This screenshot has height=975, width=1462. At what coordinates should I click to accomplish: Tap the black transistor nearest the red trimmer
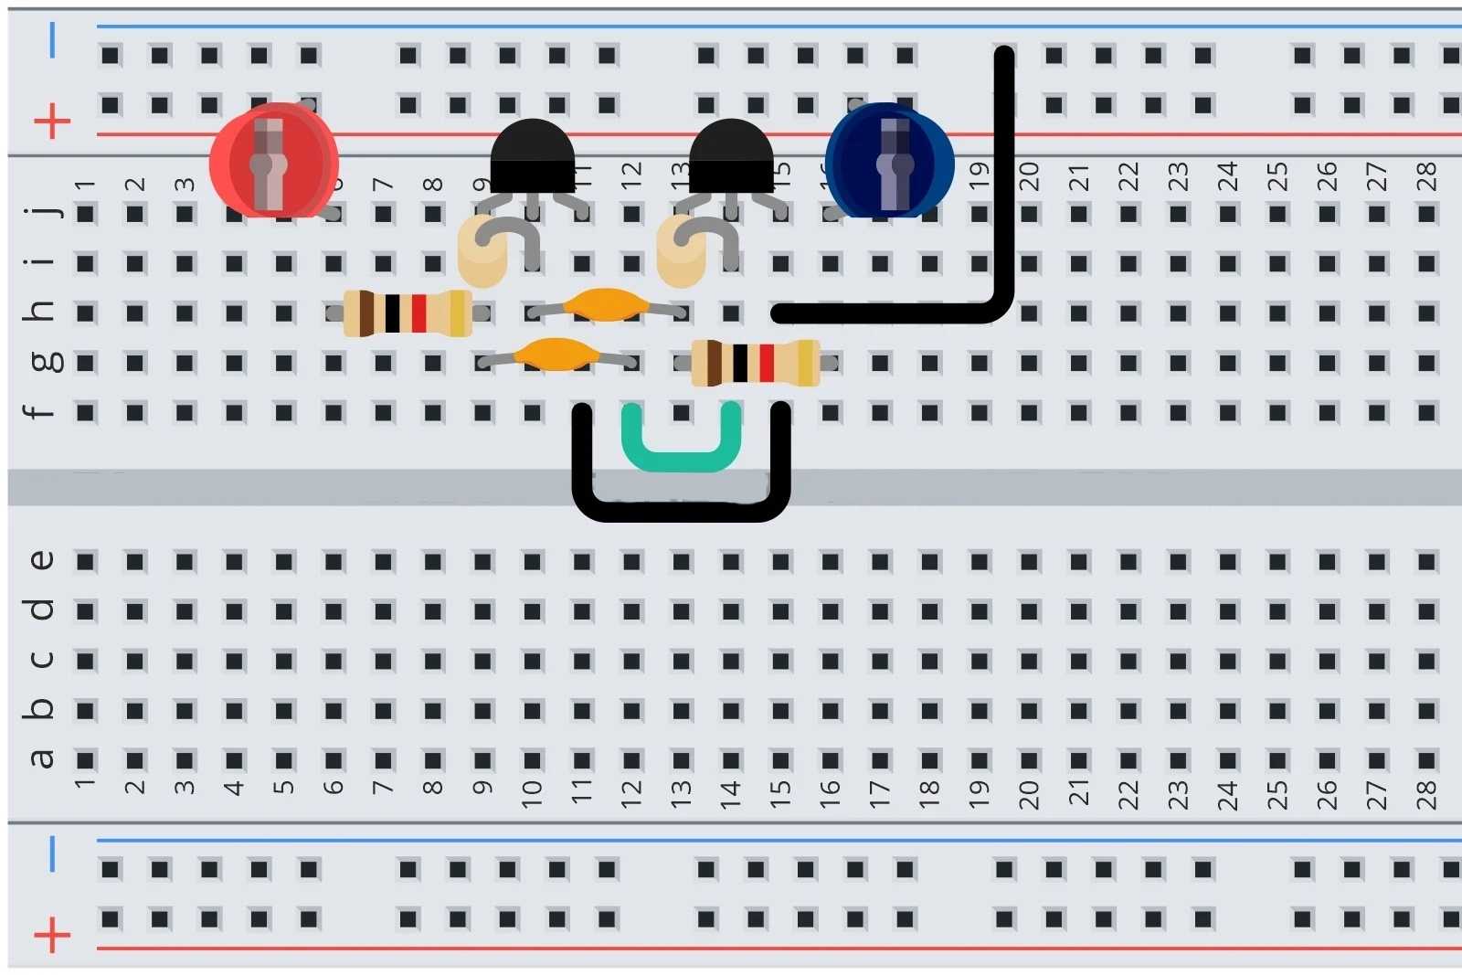(533, 157)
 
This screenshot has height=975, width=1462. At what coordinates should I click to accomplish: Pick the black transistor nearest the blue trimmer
(731, 157)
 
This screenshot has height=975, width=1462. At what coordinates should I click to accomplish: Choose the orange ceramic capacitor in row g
(556, 354)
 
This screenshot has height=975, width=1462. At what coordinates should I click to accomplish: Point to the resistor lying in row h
(407, 313)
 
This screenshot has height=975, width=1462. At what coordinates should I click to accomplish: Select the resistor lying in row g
(755, 363)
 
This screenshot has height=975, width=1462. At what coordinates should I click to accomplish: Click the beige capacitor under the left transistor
(482, 250)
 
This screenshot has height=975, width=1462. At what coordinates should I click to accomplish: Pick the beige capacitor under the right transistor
(681, 250)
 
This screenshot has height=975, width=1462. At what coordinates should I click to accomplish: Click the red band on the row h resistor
(419, 313)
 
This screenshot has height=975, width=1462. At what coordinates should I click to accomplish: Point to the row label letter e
(41, 560)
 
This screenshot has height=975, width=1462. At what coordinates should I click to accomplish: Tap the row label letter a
(41, 758)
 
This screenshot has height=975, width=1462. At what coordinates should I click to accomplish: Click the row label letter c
(41, 659)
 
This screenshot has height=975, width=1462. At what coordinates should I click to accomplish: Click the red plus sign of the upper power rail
(52, 121)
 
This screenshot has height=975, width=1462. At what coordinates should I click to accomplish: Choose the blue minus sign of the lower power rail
(52, 853)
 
